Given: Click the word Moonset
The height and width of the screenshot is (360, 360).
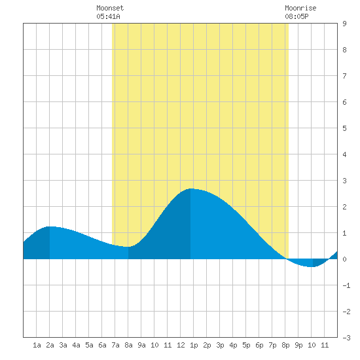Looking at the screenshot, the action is click(110, 8).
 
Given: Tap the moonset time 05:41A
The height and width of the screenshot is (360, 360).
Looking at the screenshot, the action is click(108, 16).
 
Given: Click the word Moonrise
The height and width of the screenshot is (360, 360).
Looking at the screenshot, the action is click(300, 8).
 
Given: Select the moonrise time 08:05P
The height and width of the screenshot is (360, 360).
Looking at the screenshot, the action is click(297, 16).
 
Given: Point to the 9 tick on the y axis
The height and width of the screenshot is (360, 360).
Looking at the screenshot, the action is click(344, 24).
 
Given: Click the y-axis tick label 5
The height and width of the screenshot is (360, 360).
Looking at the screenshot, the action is click(344, 128).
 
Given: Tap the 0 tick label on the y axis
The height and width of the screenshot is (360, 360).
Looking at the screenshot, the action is click(344, 259).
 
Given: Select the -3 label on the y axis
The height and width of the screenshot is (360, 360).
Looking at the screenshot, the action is click(346, 338).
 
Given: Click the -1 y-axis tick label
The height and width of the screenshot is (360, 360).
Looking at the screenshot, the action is click(346, 285).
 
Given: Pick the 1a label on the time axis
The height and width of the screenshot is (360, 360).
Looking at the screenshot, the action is click(37, 345).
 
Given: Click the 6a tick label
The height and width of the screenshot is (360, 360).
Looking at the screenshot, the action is click(102, 345).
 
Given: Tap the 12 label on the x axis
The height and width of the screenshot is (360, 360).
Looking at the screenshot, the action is click(181, 345).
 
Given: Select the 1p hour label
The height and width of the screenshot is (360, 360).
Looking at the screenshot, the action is click(194, 345).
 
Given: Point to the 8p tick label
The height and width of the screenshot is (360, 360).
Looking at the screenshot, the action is click(285, 345).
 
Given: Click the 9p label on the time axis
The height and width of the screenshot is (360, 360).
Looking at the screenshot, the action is click(298, 345).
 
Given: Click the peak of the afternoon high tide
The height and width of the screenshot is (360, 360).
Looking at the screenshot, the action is click(190, 189).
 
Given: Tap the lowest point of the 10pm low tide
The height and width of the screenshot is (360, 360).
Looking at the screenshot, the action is click(310, 267).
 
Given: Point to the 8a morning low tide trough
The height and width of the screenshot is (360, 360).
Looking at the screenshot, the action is click(128, 247).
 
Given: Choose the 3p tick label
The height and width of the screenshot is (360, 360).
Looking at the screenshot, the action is click(220, 345).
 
